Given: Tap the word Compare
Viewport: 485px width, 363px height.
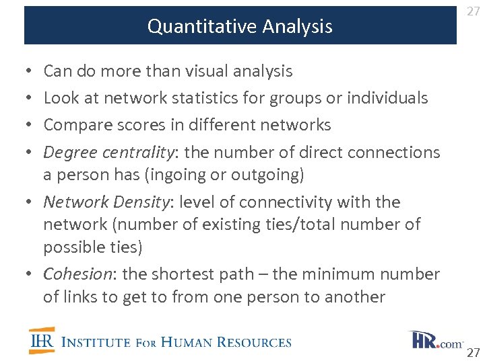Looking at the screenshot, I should coord(75,125).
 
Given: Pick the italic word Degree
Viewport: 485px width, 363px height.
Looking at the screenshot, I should coord(69,153).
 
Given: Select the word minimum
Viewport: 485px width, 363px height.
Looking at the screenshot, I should coord(329,274).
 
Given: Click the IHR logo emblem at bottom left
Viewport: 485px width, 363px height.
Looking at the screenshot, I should coord(42,341).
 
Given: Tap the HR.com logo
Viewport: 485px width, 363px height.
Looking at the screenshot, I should coord(434,340).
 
